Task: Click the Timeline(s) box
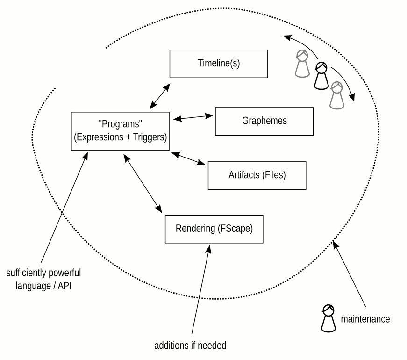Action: point(218,63)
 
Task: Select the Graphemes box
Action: point(264,121)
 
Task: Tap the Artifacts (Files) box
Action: point(257,175)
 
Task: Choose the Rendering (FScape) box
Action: point(214,229)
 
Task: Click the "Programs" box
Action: point(120,131)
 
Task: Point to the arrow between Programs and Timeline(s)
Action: point(160,97)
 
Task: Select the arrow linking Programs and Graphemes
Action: point(193,117)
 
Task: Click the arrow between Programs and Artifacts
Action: point(188,158)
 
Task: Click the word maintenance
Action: point(365,319)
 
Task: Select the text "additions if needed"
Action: point(190,346)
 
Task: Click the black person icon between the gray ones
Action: point(321,76)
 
